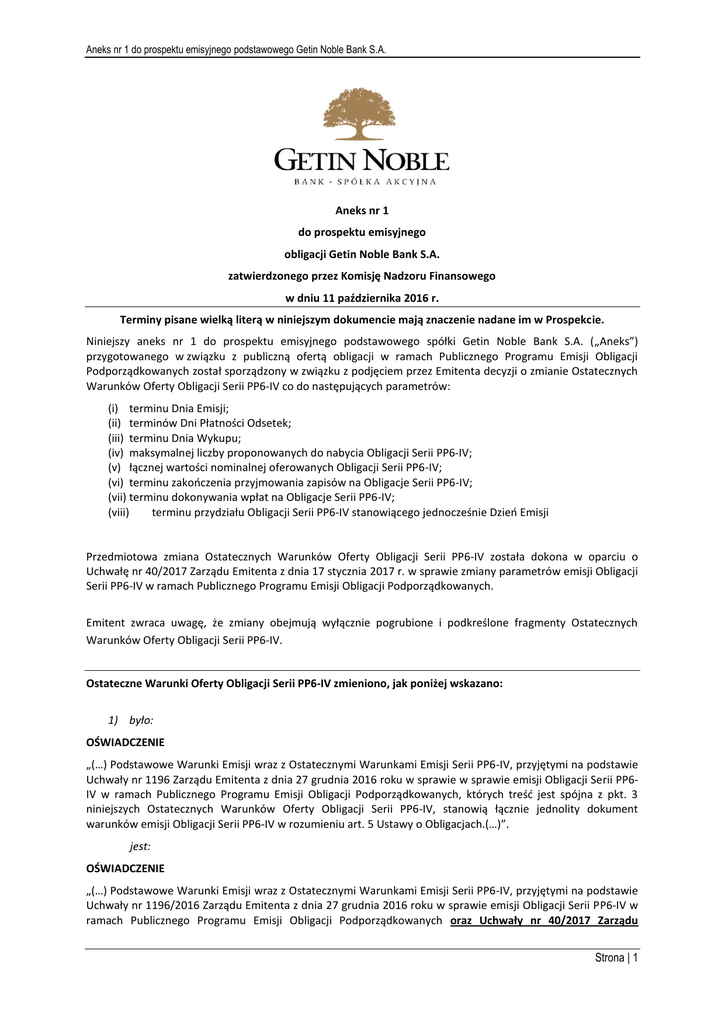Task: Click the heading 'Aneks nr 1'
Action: [362, 210]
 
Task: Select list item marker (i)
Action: [113, 408]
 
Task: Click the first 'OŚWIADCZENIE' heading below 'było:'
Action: [125, 743]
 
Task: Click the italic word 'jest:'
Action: [140, 846]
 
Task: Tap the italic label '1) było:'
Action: [130, 720]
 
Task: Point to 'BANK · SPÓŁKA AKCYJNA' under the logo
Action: [362, 183]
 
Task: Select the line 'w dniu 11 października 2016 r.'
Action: [362, 298]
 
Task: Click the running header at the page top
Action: [236, 49]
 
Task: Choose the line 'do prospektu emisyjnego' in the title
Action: [362, 232]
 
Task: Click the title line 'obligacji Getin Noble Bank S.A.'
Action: [362, 254]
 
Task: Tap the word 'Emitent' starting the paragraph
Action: [106, 623]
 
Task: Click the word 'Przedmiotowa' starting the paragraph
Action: [121, 556]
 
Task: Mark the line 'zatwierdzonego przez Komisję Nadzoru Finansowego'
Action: [362, 276]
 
